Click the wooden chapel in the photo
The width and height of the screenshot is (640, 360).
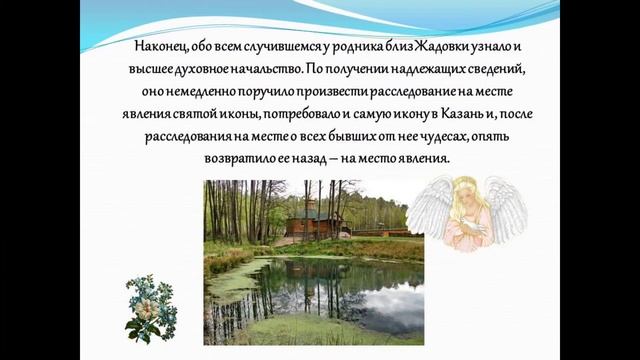(x=314, y=224)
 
